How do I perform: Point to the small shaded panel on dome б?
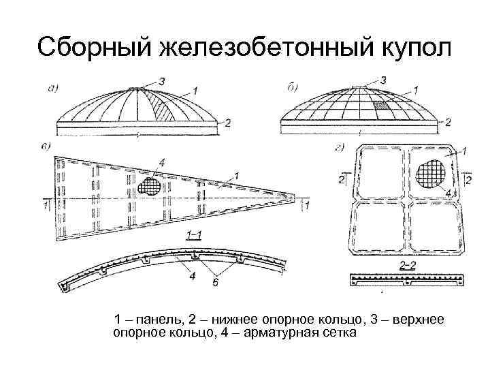(380, 106)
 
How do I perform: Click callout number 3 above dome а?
(161, 82)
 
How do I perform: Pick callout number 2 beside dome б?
(447, 123)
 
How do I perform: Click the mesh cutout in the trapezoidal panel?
(150, 185)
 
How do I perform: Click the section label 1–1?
(192, 235)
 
